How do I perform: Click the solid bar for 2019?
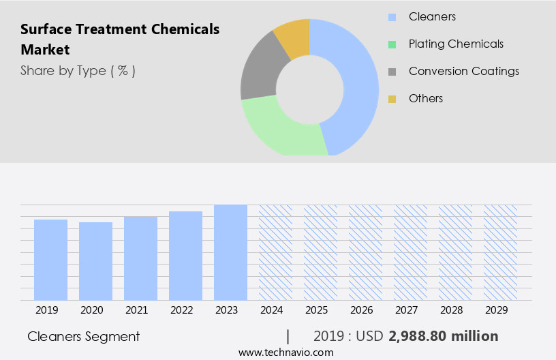tap(50, 260)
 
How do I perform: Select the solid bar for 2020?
tap(95, 261)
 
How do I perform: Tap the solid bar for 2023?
tap(230, 252)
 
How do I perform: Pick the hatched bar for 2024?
tap(275, 252)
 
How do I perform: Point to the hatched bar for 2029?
tap(500, 252)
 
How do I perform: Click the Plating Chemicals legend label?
tap(456, 44)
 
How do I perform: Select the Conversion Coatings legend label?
tap(463, 71)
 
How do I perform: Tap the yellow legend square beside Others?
tap(392, 99)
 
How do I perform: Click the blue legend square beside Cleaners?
tap(392, 17)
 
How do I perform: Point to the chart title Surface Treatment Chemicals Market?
tap(120, 39)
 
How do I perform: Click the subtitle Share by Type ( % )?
tap(78, 71)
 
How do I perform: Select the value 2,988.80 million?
tap(443, 336)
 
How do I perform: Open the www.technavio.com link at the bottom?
tap(285, 352)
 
